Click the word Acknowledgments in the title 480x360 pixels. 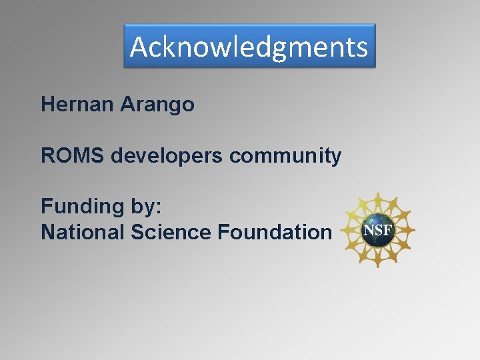249,47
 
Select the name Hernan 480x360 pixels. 78,105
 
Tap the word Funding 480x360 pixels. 79,207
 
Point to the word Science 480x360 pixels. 171,232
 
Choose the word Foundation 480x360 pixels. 274,232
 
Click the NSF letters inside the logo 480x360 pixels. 379,231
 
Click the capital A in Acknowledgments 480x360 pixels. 139,47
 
